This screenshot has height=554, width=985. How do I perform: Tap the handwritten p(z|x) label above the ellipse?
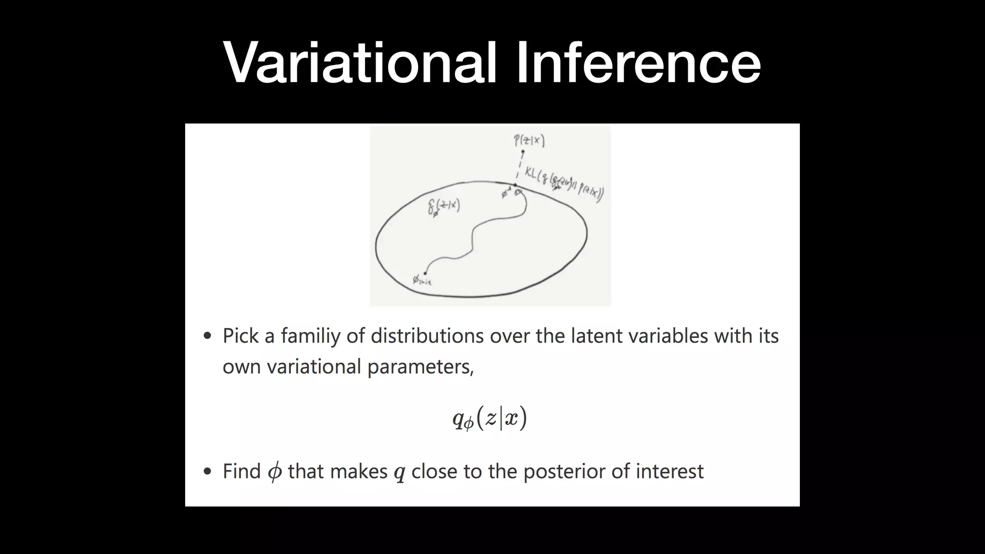[529, 141]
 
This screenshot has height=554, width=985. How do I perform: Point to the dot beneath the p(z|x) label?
[523, 152]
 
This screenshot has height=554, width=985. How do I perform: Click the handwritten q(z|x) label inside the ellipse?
[444, 207]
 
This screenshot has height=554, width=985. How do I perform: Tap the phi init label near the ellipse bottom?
[422, 280]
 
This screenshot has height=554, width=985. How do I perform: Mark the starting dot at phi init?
[425, 273]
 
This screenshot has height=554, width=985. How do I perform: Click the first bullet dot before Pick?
[207, 336]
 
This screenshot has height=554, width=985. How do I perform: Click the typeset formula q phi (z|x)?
[490, 418]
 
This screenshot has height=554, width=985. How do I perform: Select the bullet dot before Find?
[207, 472]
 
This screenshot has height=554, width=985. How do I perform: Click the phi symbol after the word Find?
[275, 472]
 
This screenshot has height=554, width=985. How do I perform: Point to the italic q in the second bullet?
[399, 473]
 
